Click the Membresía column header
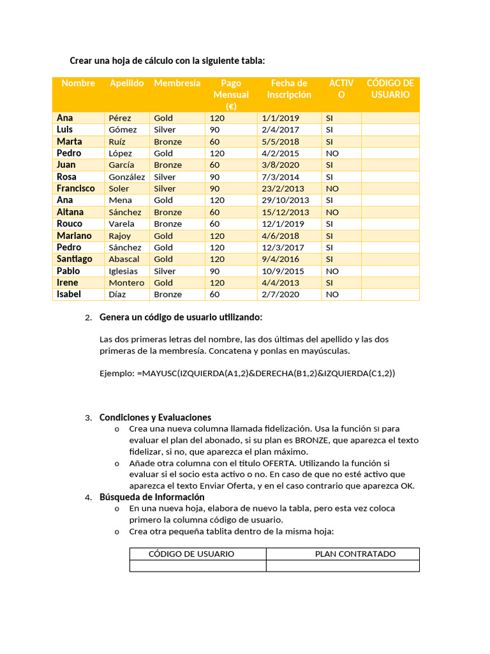click(x=177, y=83)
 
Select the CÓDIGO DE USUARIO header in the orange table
click(x=390, y=89)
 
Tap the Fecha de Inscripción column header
click(x=289, y=89)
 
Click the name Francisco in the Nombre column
click(x=75, y=188)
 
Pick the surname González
click(x=127, y=177)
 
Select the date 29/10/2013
click(x=285, y=200)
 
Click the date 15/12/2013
click(x=285, y=212)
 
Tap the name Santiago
click(x=74, y=259)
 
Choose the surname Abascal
click(x=124, y=259)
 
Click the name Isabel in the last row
click(x=68, y=294)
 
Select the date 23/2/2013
click(x=283, y=188)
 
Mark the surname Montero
click(x=126, y=282)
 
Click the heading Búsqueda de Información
click(x=152, y=497)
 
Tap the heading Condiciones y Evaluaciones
click(x=155, y=417)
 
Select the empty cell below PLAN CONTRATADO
click(x=343, y=566)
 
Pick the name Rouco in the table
click(x=70, y=224)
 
